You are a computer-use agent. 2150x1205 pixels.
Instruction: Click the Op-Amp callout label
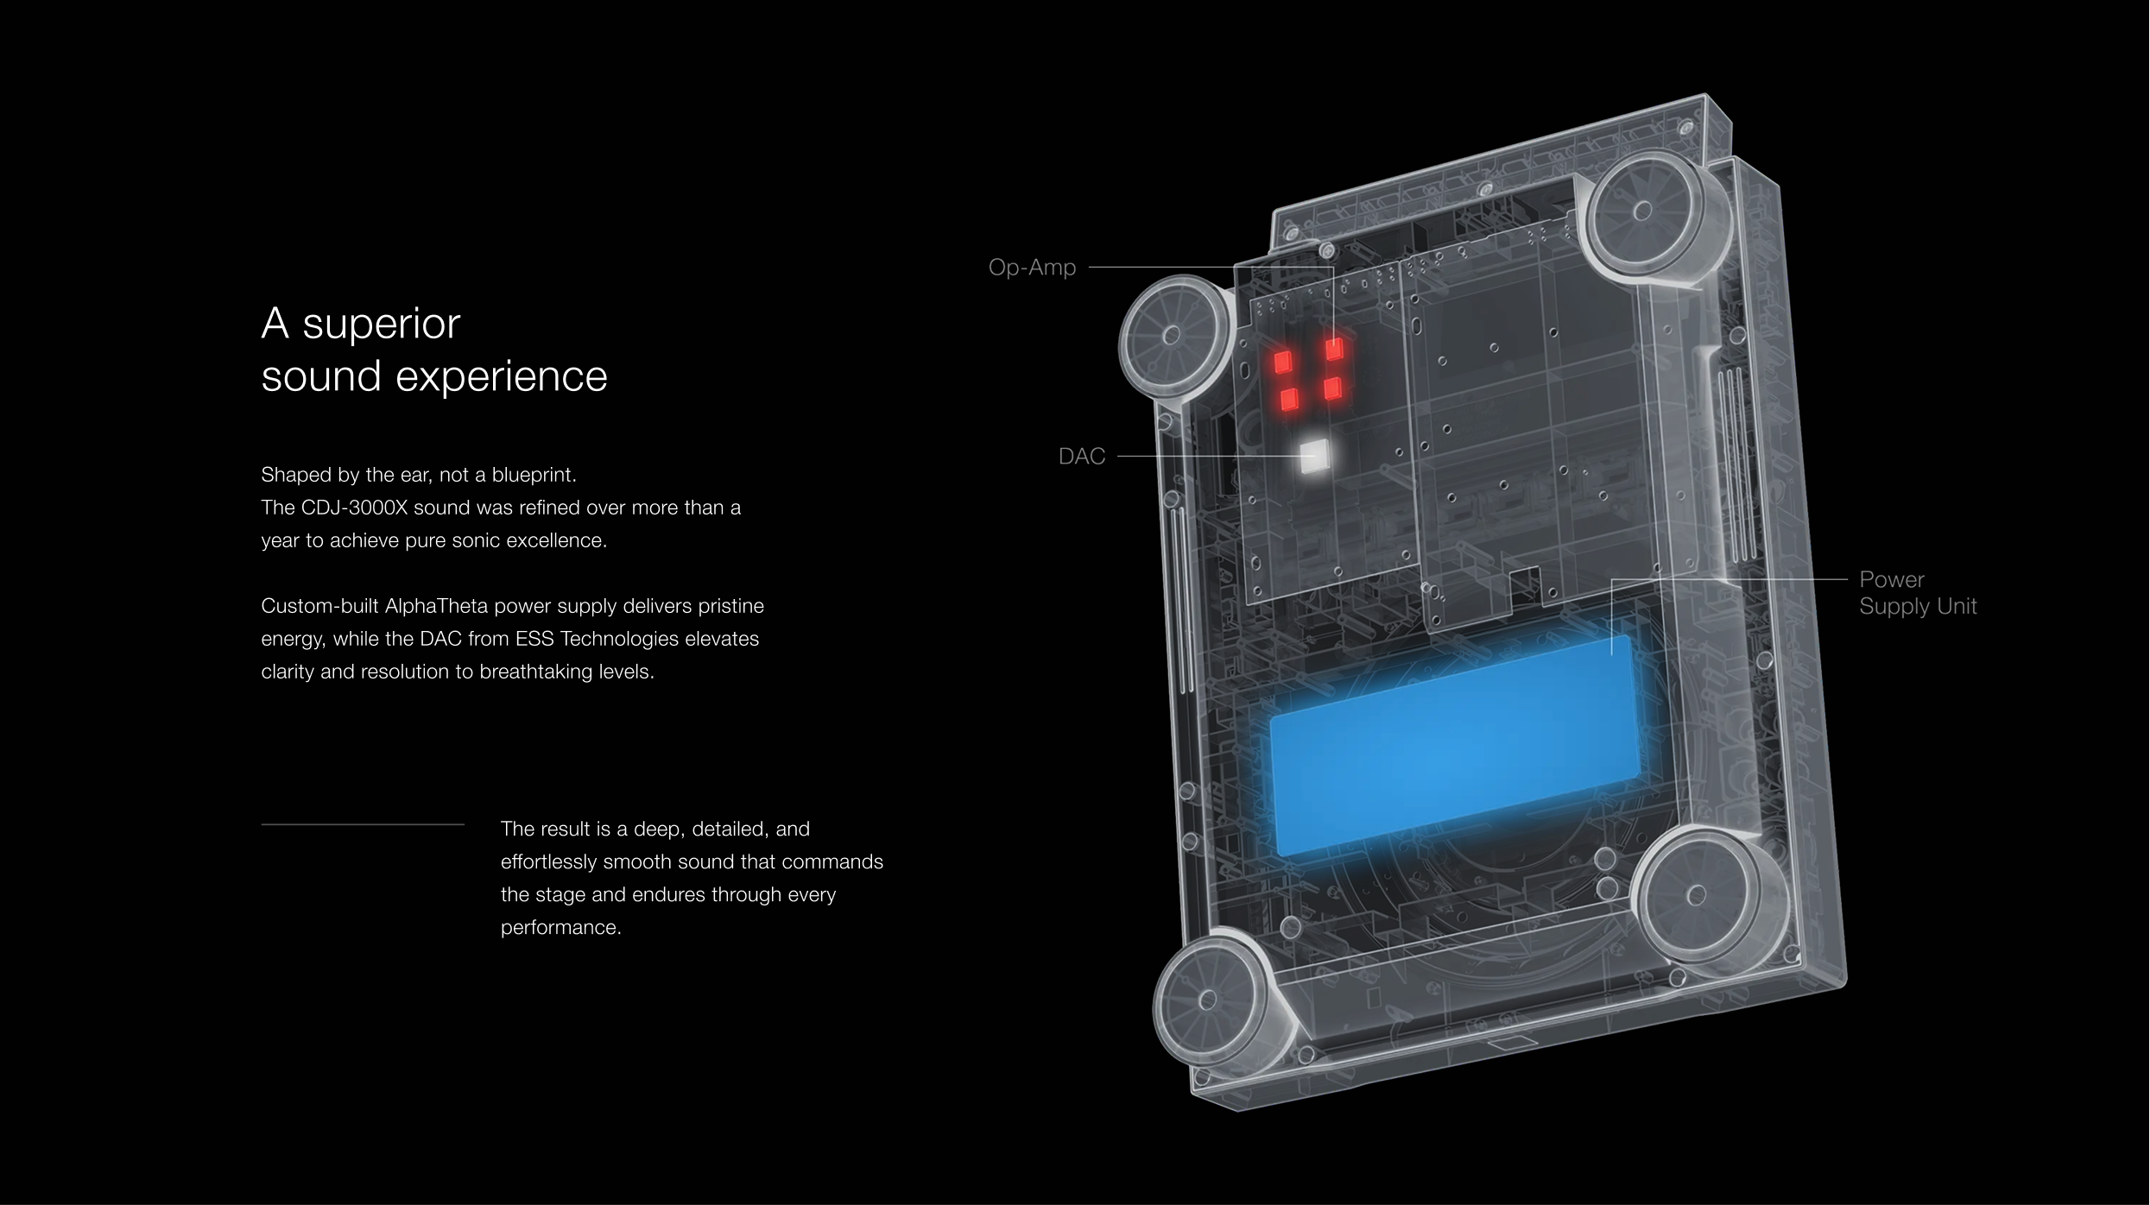(x=1032, y=268)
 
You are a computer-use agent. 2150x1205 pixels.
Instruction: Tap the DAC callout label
(x=1082, y=457)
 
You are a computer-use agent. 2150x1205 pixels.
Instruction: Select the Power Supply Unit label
(x=1918, y=593)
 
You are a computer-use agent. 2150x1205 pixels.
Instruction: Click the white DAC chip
(x=1314, y=455)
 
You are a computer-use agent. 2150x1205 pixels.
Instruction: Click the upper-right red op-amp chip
(x=1334, y=349)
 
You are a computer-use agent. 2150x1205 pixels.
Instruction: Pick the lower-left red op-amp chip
(x=1289, y=400)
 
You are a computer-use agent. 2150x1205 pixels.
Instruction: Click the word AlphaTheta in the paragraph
(x=437, y=606)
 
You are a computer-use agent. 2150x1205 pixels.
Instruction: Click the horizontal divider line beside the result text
(x=363, y=825)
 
